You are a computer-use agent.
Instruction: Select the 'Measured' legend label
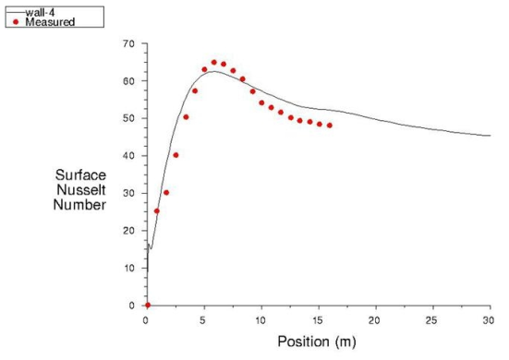(48, 22)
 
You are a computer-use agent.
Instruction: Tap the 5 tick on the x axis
(204, 319)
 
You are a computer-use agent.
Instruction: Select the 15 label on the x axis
(319, 319)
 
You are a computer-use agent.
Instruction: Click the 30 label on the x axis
(489, 319)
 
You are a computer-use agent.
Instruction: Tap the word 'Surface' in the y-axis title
(80, 174)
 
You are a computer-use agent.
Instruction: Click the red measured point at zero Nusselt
(147, 305)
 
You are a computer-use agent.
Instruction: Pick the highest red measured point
(213, 63)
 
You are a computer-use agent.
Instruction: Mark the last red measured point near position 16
(329, 126)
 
